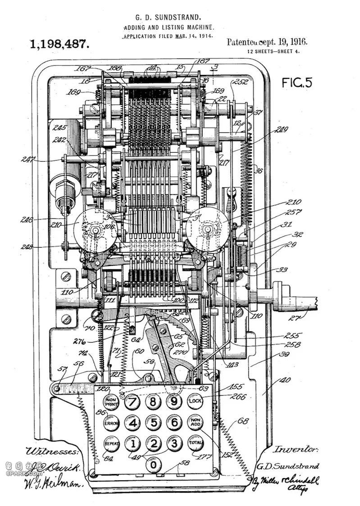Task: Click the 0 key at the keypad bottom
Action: (x=154, y=464)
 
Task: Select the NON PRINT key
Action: (x=111, y=401)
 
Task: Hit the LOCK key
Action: (x=195, y=401)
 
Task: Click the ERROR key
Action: (x=111, y=423)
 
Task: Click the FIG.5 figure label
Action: (x=297, y=82)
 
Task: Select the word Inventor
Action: (x=296, y=449)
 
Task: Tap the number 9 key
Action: (x=174, y=401)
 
